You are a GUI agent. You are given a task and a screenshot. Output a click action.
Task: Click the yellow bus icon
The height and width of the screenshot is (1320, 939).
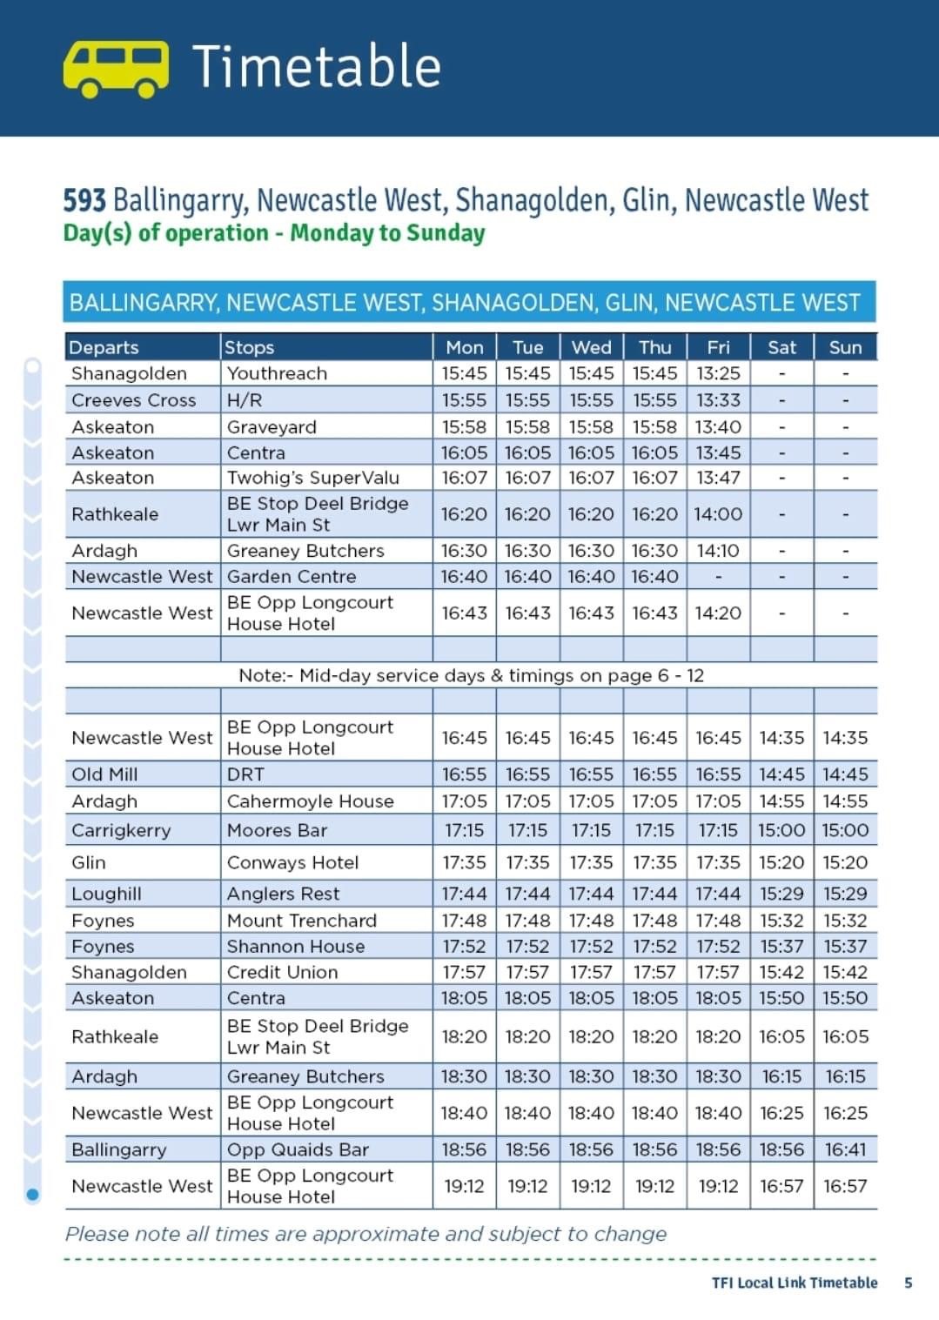coord(116,69)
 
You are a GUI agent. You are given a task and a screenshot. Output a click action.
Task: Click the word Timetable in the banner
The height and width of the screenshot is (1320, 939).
coord(317,66)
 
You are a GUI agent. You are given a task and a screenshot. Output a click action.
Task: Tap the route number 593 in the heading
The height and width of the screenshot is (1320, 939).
coord(84,200)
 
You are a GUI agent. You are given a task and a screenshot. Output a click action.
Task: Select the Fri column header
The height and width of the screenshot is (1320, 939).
coord(718,347)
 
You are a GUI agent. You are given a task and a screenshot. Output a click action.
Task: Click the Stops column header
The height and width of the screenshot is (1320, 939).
coord(249,348)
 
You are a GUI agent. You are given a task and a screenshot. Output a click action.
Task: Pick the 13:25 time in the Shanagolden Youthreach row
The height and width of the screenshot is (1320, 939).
coord(718,373)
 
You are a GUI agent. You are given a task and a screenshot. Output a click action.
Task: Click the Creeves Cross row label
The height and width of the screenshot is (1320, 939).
coord(133,400)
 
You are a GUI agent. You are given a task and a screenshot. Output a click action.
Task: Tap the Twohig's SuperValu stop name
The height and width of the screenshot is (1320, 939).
coord(313,478)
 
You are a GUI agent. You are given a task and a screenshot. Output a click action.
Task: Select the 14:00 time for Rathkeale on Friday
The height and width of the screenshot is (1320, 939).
coord(718,514)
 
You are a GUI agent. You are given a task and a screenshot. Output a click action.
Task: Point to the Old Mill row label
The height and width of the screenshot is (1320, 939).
coord(104,774)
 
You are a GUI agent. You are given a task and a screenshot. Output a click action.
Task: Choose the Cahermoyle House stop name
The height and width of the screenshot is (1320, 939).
coord(310,801)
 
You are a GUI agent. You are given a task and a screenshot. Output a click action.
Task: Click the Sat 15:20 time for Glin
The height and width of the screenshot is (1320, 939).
coord(781,862)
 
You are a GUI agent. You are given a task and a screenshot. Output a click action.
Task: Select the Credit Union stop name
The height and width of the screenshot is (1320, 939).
coord(282,972)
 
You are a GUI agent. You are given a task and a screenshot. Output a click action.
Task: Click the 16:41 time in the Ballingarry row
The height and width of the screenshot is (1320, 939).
coord(845,1149)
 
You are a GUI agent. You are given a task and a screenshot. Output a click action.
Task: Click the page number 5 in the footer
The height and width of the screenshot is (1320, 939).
coord(909,1283)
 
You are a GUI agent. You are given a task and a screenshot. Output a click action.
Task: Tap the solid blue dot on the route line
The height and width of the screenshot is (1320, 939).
coord(33,1195)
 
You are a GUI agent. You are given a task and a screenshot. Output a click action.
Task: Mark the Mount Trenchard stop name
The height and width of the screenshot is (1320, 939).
coord(302,921)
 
